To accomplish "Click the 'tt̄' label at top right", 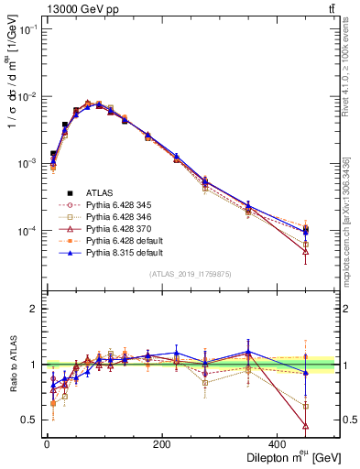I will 330,8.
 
